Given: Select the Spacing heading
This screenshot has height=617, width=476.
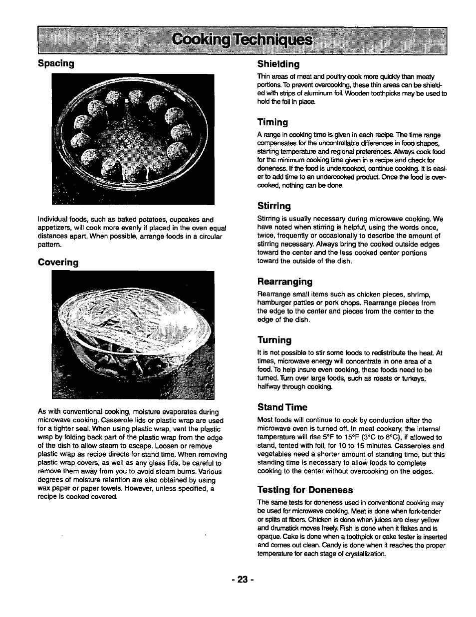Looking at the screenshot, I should [x=56, y=63].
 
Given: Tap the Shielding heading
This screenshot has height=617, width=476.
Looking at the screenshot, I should [x=278, y=64].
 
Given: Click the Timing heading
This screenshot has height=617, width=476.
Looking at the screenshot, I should [x=272, y=122].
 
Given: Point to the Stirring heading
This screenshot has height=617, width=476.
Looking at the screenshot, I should [x=274, y=206].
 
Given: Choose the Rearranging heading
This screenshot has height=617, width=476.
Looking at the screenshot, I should [x=285, y=282].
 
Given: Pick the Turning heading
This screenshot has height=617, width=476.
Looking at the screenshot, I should [x=274, y=340].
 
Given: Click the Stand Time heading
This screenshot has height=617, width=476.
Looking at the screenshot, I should [x=282, y=407].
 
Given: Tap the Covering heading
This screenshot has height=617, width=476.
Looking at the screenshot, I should [x=58, y=262].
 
